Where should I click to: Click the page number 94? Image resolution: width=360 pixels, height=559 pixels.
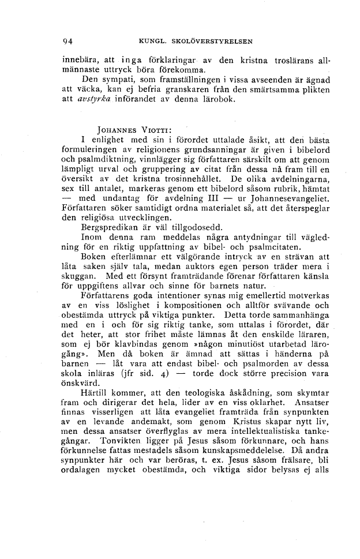[x=67, y=41]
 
